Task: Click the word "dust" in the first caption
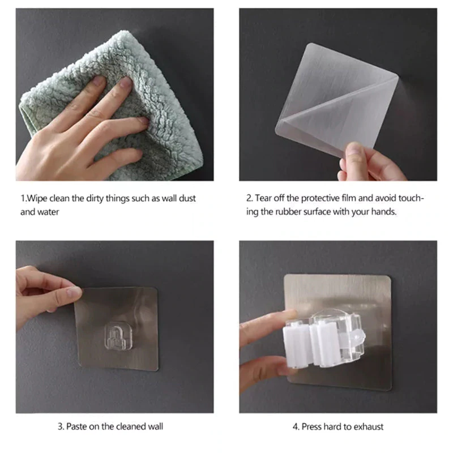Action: [187, 199]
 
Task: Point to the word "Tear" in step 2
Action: [263, 198]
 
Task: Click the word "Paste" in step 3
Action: [76, 426]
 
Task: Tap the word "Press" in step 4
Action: [311, 427]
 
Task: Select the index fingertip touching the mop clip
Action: [290, 314]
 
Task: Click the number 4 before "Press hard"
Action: [296, 427]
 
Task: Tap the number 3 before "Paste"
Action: [61, 426]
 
